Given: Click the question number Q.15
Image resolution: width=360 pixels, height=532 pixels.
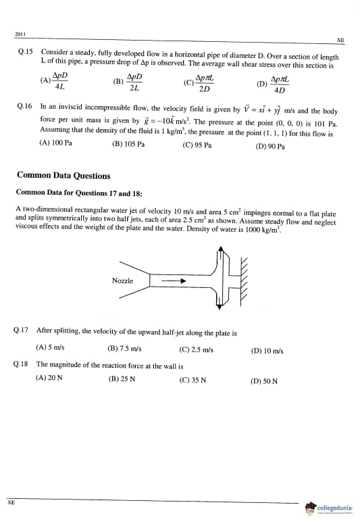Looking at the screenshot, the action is pos(26,51).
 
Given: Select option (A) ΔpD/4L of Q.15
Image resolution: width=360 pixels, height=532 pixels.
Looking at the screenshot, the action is pos(54,80).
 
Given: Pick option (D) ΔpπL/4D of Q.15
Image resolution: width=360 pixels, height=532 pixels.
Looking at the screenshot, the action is pos(274,84).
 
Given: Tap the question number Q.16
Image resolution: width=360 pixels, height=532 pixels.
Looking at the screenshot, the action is pos(24,106).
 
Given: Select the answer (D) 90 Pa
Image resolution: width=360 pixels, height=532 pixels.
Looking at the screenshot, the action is pos(270,146).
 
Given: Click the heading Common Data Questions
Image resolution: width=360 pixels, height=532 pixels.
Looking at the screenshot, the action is pos(63,175).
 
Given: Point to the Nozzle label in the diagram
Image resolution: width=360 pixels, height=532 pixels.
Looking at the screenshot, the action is pos(122,281).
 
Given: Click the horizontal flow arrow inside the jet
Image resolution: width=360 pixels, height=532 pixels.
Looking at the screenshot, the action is pos(174,281).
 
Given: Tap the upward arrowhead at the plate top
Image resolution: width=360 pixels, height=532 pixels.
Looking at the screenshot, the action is pos(221,249).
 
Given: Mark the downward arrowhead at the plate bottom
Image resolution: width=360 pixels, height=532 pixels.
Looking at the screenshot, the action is pos(220,306).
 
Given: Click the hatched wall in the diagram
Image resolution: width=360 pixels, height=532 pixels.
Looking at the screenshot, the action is pos(243,282).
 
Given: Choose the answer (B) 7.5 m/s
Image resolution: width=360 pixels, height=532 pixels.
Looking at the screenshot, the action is pos(124,348).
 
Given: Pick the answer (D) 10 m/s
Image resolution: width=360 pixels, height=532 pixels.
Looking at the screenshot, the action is pos(267,351).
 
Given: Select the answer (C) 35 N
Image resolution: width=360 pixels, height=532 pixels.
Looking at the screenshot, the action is pos(192,380).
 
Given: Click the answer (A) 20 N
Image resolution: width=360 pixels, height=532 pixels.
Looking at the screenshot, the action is pos(49,378).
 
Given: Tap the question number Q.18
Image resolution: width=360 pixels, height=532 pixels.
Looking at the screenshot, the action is pos(21,364).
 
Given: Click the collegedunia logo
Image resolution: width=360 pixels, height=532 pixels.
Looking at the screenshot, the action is pos(330,508).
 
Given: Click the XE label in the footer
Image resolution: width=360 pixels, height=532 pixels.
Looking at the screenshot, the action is pos(11,502).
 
